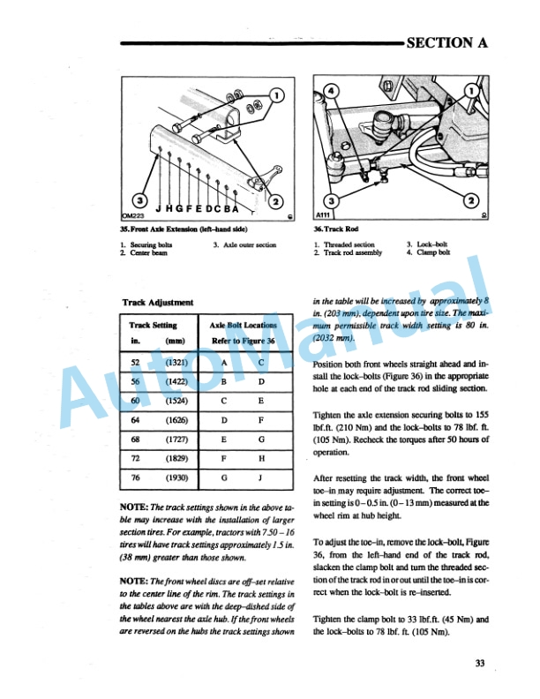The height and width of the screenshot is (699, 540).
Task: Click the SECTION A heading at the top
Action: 446,42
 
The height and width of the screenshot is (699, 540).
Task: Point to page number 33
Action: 479,664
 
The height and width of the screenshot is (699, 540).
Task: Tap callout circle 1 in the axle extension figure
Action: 276,95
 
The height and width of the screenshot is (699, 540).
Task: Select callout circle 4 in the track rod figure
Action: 331,91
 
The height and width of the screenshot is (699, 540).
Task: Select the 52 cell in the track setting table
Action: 135,363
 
